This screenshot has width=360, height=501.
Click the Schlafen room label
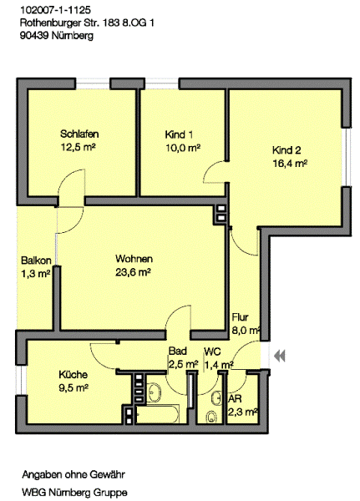(x=79, y=134)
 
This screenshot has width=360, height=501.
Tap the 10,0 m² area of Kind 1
(x=183, y=148)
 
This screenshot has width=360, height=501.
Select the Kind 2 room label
(x=286, y=149)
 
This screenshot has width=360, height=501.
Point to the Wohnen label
(x=134, y=259)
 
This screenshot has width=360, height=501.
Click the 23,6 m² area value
(x=133, y=272)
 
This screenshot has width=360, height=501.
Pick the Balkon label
(x=36, y=261)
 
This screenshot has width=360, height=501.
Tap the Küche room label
(x=73, y=374)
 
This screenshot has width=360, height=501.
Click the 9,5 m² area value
(x=74, y=388)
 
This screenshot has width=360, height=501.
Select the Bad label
(x=177, y=351)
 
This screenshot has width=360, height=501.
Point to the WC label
(x=212, y=352)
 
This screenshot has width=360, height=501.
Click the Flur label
(x=240, y=317)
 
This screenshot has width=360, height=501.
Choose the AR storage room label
(x=235, y=399)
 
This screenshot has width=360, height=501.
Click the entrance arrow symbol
(x=280, y=356)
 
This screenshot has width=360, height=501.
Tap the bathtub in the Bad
(x=157, y=414)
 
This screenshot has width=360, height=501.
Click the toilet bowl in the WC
(x=210, y=417)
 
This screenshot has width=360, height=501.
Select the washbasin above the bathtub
(x=155, y=392)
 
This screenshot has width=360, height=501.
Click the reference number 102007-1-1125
(x=56, y=10)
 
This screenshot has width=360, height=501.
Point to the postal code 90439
(x=34, y=35)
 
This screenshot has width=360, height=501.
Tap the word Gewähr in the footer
(x=108, y=474)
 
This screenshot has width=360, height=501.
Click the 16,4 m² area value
(x=290, y=164)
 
